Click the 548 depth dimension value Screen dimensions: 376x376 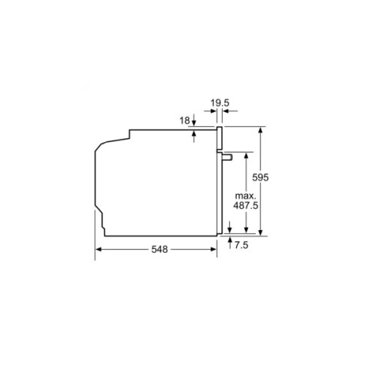pos(159,249)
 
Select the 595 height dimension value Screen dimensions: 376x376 pos(260,177)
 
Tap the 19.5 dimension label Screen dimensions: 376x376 pos(220,103)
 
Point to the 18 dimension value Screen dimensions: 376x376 pos(185,121)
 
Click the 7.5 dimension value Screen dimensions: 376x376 pos(241,245)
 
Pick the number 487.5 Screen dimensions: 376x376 pos(246,205)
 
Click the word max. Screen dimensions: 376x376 pos(245,196)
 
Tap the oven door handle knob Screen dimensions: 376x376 pos(227,157)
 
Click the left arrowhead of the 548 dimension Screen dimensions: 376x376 pos(99,249)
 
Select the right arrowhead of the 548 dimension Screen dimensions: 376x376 pos(214,249)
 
